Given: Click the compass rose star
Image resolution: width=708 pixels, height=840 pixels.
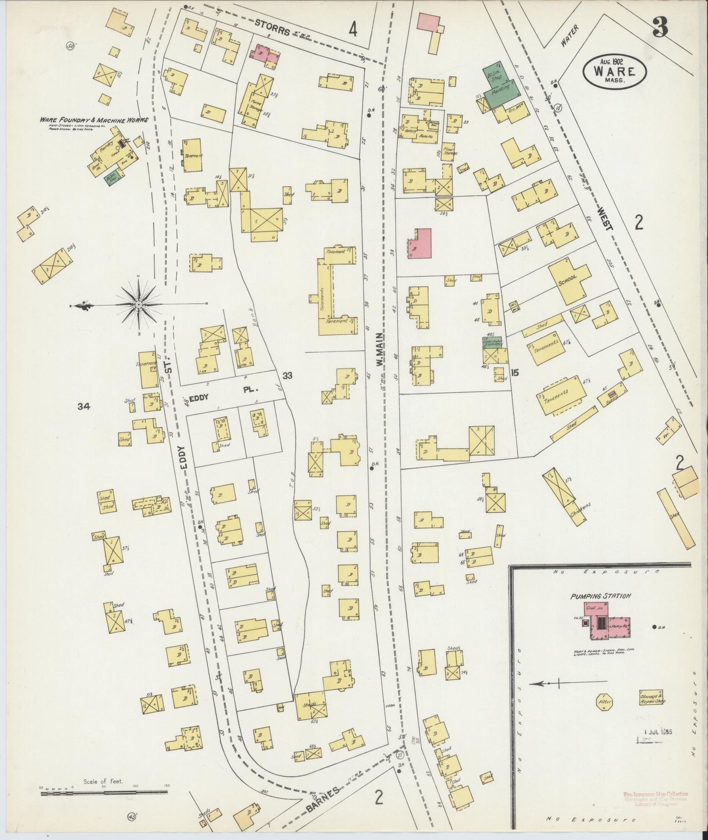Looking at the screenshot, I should click(139, 305).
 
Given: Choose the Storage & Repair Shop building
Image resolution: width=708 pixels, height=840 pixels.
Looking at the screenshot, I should click(653, 698).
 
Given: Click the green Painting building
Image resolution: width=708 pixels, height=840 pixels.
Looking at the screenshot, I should click(501, 91).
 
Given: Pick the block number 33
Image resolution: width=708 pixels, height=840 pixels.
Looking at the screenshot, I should click(287, 375).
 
